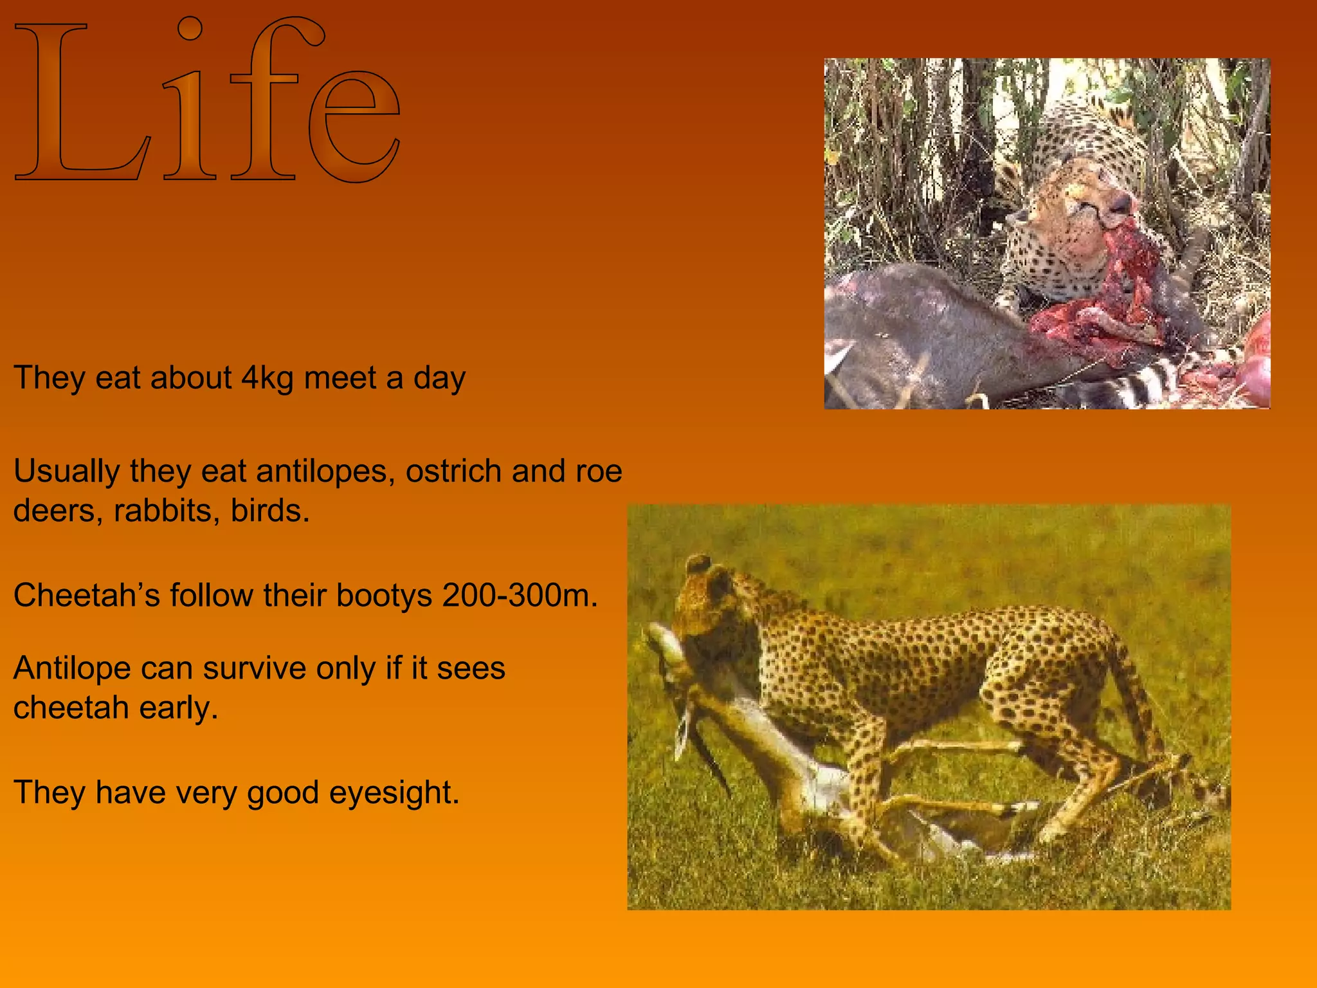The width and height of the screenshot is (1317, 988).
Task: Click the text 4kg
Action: tap(268, 378)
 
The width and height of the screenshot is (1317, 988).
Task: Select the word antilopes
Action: tap(325, 471)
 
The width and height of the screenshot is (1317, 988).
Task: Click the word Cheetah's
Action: tap(86, 596)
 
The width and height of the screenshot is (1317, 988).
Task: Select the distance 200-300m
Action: tap(520, 596)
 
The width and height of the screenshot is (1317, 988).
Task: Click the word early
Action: tap(179, 709)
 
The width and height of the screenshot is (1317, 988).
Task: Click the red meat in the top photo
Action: tap(1113, 302)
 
